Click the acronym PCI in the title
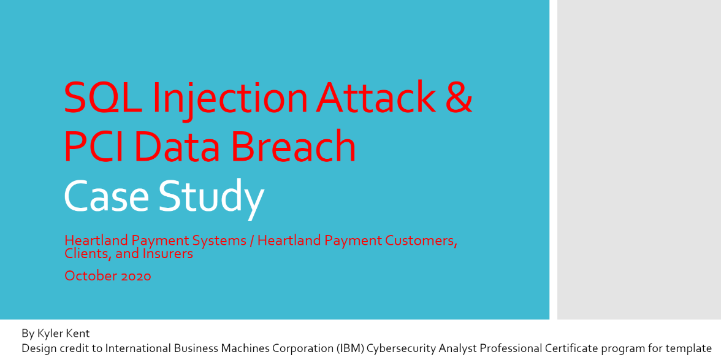pyautogui.click(x=94, y=145)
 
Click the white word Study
pyautogui.click(x=212, y=196)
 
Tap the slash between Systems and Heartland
pyautogui.click(x=252, y=241)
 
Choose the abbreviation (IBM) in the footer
pyautogui.click(x=353, y=348)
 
